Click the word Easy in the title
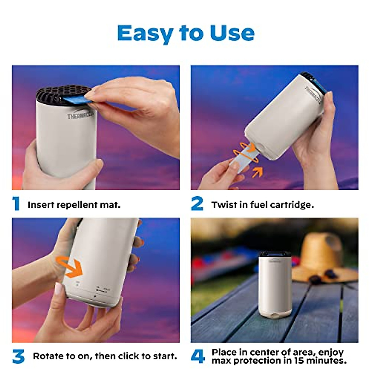(x=144, y=33)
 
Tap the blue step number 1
(x=16, y=204)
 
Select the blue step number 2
(x=197, y=204)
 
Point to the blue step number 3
(x=19, y=356)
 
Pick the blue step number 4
(x=198, y=356)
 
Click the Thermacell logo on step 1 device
(x=80, y=116)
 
